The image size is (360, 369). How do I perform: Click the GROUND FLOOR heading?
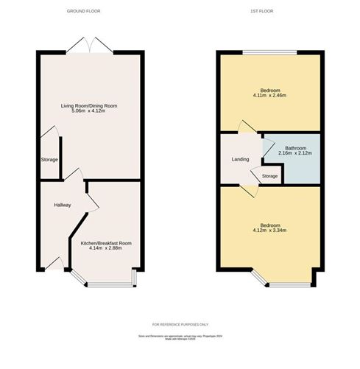(x=83, y=12)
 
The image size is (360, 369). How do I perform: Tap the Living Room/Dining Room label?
(x=89, y=106)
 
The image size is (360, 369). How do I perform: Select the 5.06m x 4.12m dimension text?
(x=89, y=112)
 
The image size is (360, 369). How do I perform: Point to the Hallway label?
(x=62, y=205)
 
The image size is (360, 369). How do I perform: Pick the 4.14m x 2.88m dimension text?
(x=105, y=249)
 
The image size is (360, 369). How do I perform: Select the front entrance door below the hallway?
(x=52, y=264)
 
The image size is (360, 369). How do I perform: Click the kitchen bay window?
(x=105, y=284)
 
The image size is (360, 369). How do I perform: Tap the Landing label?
(x=239, y=159)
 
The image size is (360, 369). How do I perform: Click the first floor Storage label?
(x=270, y=176)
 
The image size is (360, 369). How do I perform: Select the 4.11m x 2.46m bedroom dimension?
(x=269, y=95)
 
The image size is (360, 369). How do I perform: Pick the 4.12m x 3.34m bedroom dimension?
(x=269, y=231)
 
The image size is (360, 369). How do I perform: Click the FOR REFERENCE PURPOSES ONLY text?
(x=180, y=325)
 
